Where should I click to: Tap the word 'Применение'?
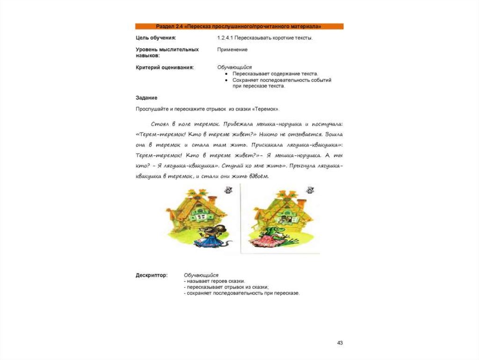click(x=232, y=49)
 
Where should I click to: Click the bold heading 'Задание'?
click(x=146, y=97)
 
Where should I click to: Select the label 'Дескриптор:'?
click(x=152, y=275)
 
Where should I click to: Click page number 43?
click(x=340, y=343)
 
